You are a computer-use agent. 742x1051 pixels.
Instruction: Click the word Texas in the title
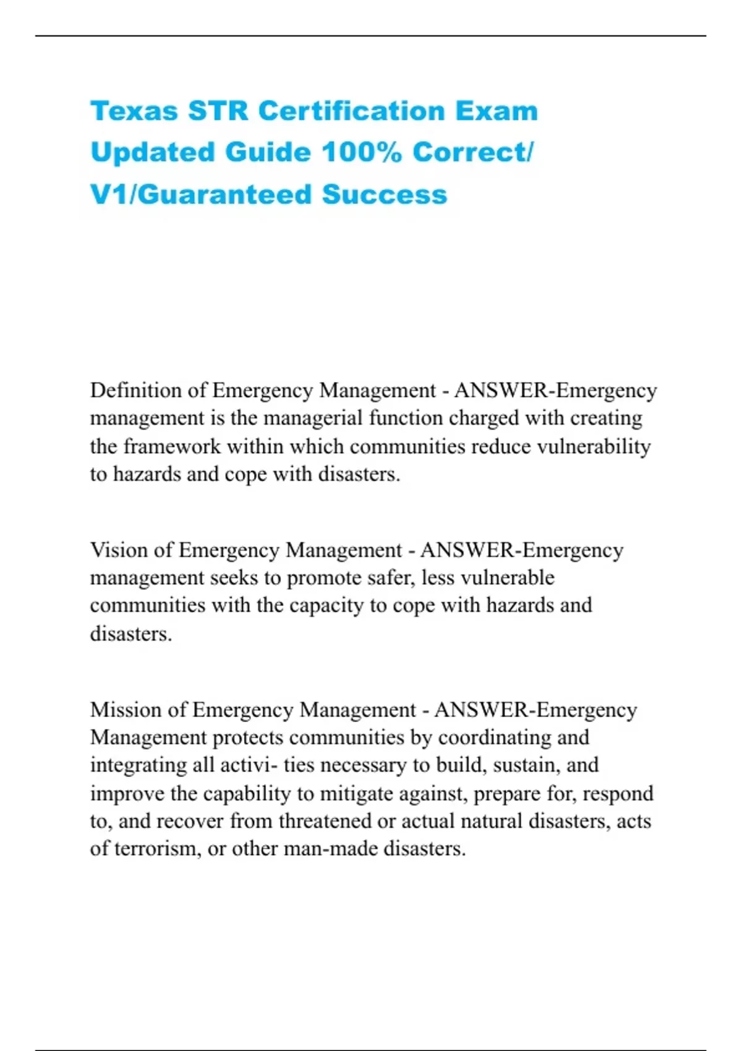click(x=134, y=111)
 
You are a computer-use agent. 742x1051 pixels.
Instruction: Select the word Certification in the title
click(x=351, y=111)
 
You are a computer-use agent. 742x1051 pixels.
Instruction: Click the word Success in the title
click(x=384, y=195)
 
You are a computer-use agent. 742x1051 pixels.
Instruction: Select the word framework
click(x=172, y=446)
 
